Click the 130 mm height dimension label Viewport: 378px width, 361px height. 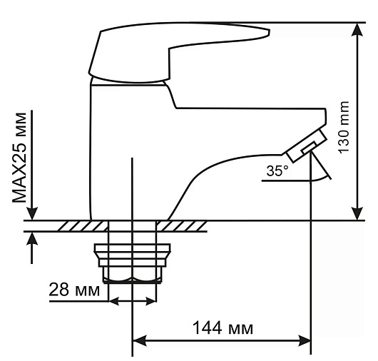coord(344,127)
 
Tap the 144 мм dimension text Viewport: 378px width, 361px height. coord(223,327)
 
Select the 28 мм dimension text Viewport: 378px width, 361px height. coord(74,290)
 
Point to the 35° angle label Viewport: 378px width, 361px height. coord(277,171)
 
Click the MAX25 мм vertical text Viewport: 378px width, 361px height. coord(19,158)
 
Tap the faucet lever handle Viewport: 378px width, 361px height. coord(178,52)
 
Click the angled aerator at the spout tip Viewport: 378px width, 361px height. coord(306,146)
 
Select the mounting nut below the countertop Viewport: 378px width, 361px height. coord(132,263)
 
